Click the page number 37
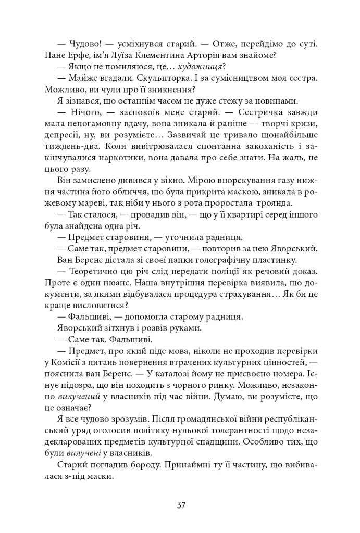click(x=180, y=505)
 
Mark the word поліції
click(x=224, y=272)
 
